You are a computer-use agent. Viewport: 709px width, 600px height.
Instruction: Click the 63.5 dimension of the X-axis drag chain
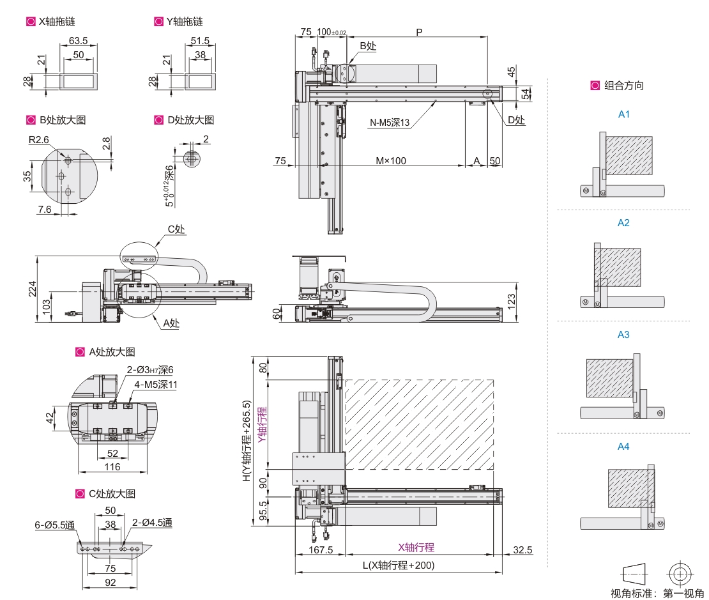click(x=78, y=41)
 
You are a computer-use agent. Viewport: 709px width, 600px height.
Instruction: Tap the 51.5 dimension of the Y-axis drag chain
click(x=200, y=41)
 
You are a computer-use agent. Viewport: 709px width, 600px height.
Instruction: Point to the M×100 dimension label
click(x=390, y=160)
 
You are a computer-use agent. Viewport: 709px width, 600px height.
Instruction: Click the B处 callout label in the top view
click(x=368, y=46)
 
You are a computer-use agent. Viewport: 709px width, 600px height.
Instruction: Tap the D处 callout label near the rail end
click(x=516, y=119)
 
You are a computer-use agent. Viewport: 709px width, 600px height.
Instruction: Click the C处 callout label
click(x=176, y=229)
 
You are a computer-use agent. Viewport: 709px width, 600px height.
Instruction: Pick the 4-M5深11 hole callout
click(x=156, y=385)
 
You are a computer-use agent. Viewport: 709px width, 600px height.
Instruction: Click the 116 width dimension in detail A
click(x=112, y=467)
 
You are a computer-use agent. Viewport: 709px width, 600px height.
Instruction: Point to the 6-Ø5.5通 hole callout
click(x=55, y=525)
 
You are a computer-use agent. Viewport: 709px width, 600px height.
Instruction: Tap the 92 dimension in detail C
click(x=110, y=583)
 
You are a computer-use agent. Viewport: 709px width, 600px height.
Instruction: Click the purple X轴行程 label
click(x=416, y=547)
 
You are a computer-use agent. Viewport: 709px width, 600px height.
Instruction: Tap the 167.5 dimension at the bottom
click(x=321, y=550)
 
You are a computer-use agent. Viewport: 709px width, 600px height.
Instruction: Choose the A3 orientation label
click(x=623, y=334)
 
